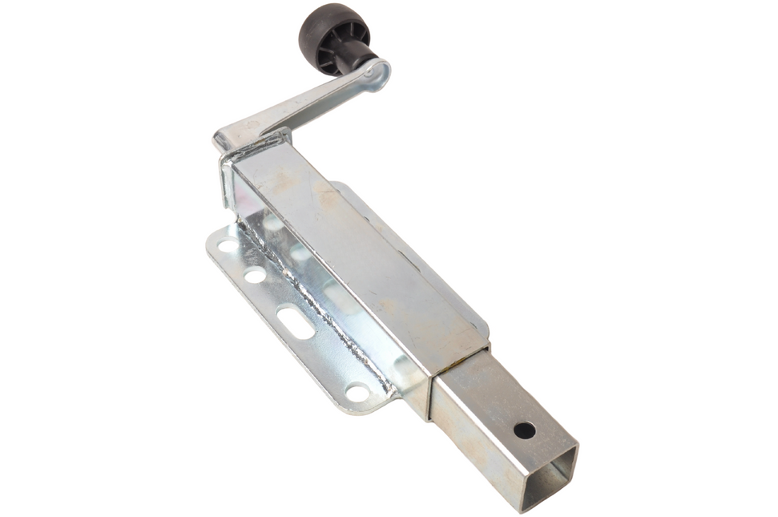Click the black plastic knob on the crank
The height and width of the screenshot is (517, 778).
(x=333, y=36)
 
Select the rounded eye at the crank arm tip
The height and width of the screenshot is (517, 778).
(x=379, y=75)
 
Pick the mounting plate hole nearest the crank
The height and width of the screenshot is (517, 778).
(x=228, y=245)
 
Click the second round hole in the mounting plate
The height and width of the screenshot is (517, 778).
(x=255, y=275)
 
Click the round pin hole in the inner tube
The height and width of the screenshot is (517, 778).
(x=524, y=430)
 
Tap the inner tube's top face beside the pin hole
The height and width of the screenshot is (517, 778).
(x=497, y=401)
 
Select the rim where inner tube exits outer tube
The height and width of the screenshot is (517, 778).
(x=461, y=369)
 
